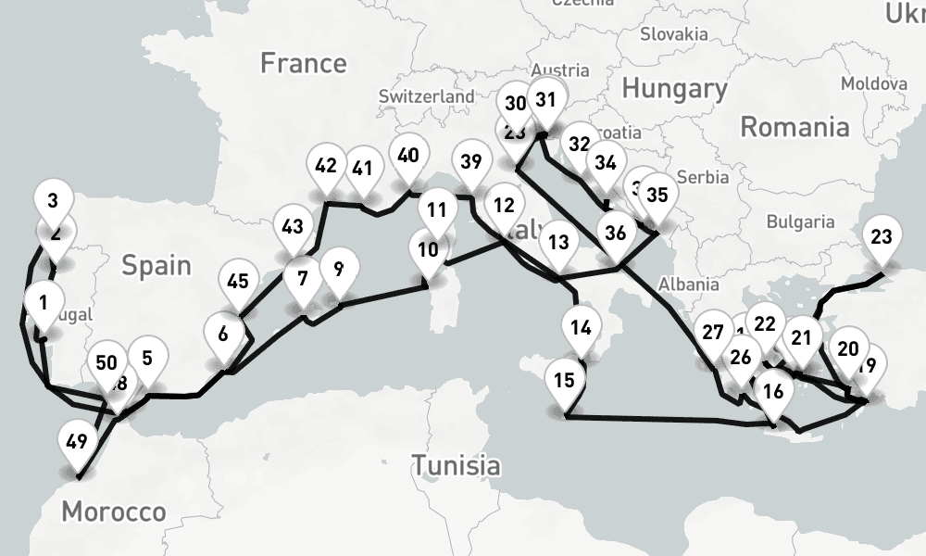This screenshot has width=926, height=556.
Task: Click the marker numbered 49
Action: click(x=77, y=439)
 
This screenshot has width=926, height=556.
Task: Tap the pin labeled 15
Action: click(x=565, y=380)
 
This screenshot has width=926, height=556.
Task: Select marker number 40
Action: click(x=53, y=200)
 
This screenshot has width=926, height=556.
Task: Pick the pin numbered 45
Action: click(x=237, y=280)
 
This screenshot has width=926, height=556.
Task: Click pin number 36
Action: click(x=617, y=232)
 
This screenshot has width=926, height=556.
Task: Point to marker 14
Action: click(x=581, y=327)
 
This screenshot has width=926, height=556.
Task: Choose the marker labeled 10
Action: click(x=428, y=249)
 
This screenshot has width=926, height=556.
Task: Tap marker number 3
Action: click(x=53, y=200)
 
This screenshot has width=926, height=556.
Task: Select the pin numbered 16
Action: click(x=774, y=390)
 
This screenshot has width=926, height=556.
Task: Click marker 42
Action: click(x=326, y=167)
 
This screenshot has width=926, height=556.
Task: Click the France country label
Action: click(x=303, y=63)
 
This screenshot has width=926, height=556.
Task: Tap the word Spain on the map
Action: click(x=156, y=266)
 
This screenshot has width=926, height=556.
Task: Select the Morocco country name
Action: click(x=114, y=511)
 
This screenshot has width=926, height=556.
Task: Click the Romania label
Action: click(x=794, y=126)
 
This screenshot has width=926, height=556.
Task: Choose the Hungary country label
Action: click(x=674, y=89)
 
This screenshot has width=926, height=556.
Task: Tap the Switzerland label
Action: click(x=427, y=96)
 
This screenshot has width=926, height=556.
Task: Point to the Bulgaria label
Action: click(x=801, y=222)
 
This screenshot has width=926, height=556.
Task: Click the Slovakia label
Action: click(x=676, y=34)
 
